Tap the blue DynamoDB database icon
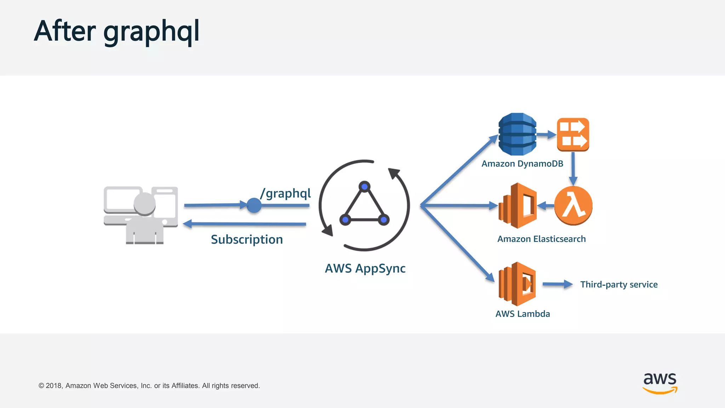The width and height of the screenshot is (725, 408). [x=517, y=134]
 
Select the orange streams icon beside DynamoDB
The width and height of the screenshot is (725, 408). [x=573, y=134]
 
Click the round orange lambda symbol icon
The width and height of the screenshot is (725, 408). [x=573, y=206]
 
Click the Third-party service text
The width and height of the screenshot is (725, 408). [x=619, y=284]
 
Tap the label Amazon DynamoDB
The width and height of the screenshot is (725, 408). [x=522, y=164]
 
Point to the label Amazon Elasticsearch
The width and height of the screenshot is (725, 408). [x=541, y=239]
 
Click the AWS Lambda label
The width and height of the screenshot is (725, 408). [x=523, y=314]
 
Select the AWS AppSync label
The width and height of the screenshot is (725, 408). [x=365, y=268]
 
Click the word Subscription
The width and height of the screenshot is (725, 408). [x=247, y=239]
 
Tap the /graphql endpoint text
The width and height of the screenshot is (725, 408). [x=285, y=193]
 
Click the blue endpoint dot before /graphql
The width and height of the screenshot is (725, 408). [x=254, y=205]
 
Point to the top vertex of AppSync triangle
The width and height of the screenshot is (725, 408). [x=364, y=186]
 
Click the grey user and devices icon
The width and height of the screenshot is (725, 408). [x=141, y=215]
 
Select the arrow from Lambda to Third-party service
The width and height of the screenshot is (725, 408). [x=557, y=284]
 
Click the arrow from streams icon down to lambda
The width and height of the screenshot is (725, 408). [x=573, y=169]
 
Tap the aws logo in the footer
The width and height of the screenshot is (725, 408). [x=660, y=383]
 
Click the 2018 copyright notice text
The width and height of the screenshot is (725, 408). [x=149, y=386]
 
